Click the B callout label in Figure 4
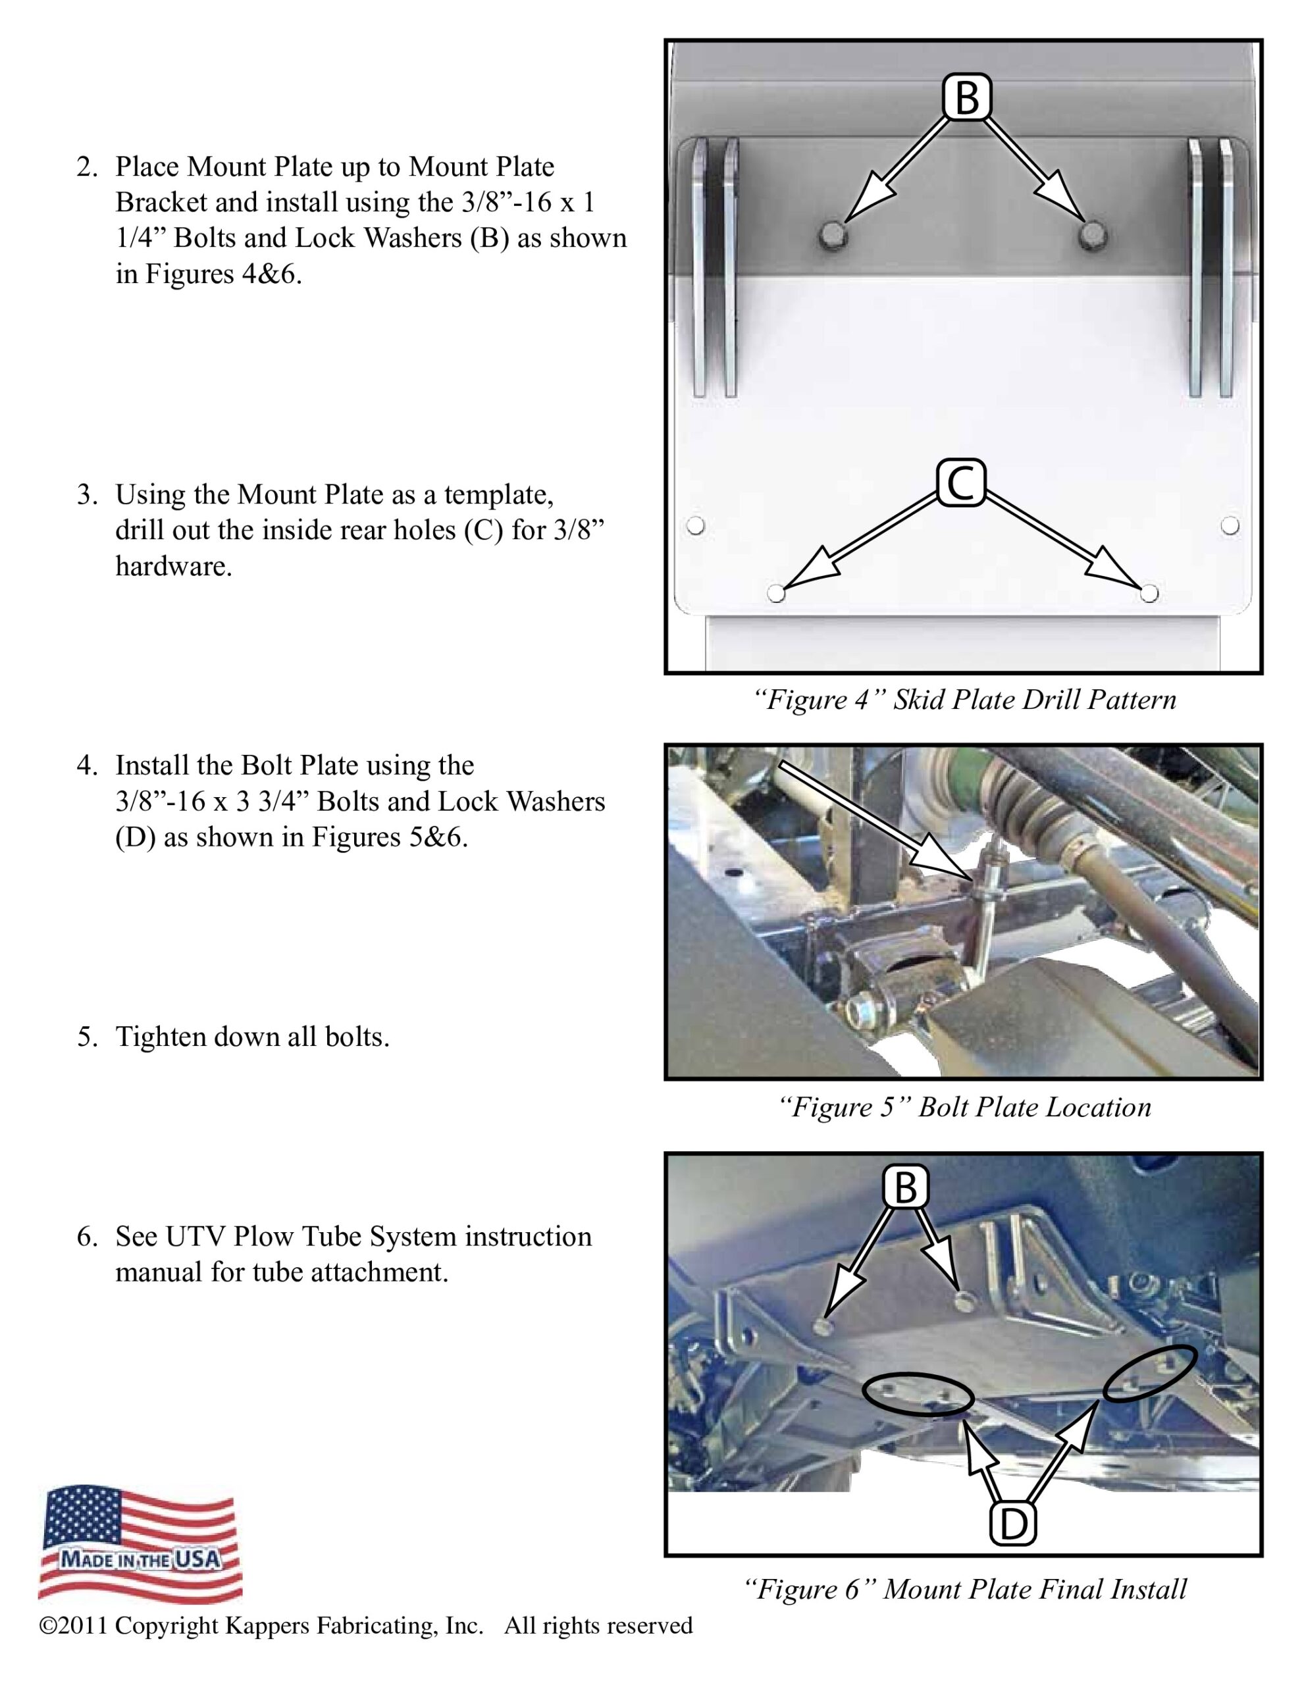967,98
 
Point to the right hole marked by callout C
1149,593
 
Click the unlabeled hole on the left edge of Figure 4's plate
695,526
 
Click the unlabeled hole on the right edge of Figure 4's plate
1230,526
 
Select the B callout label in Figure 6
905,1187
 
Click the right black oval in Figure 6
1150,1374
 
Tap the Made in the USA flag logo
140,1542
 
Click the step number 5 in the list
86,1037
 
